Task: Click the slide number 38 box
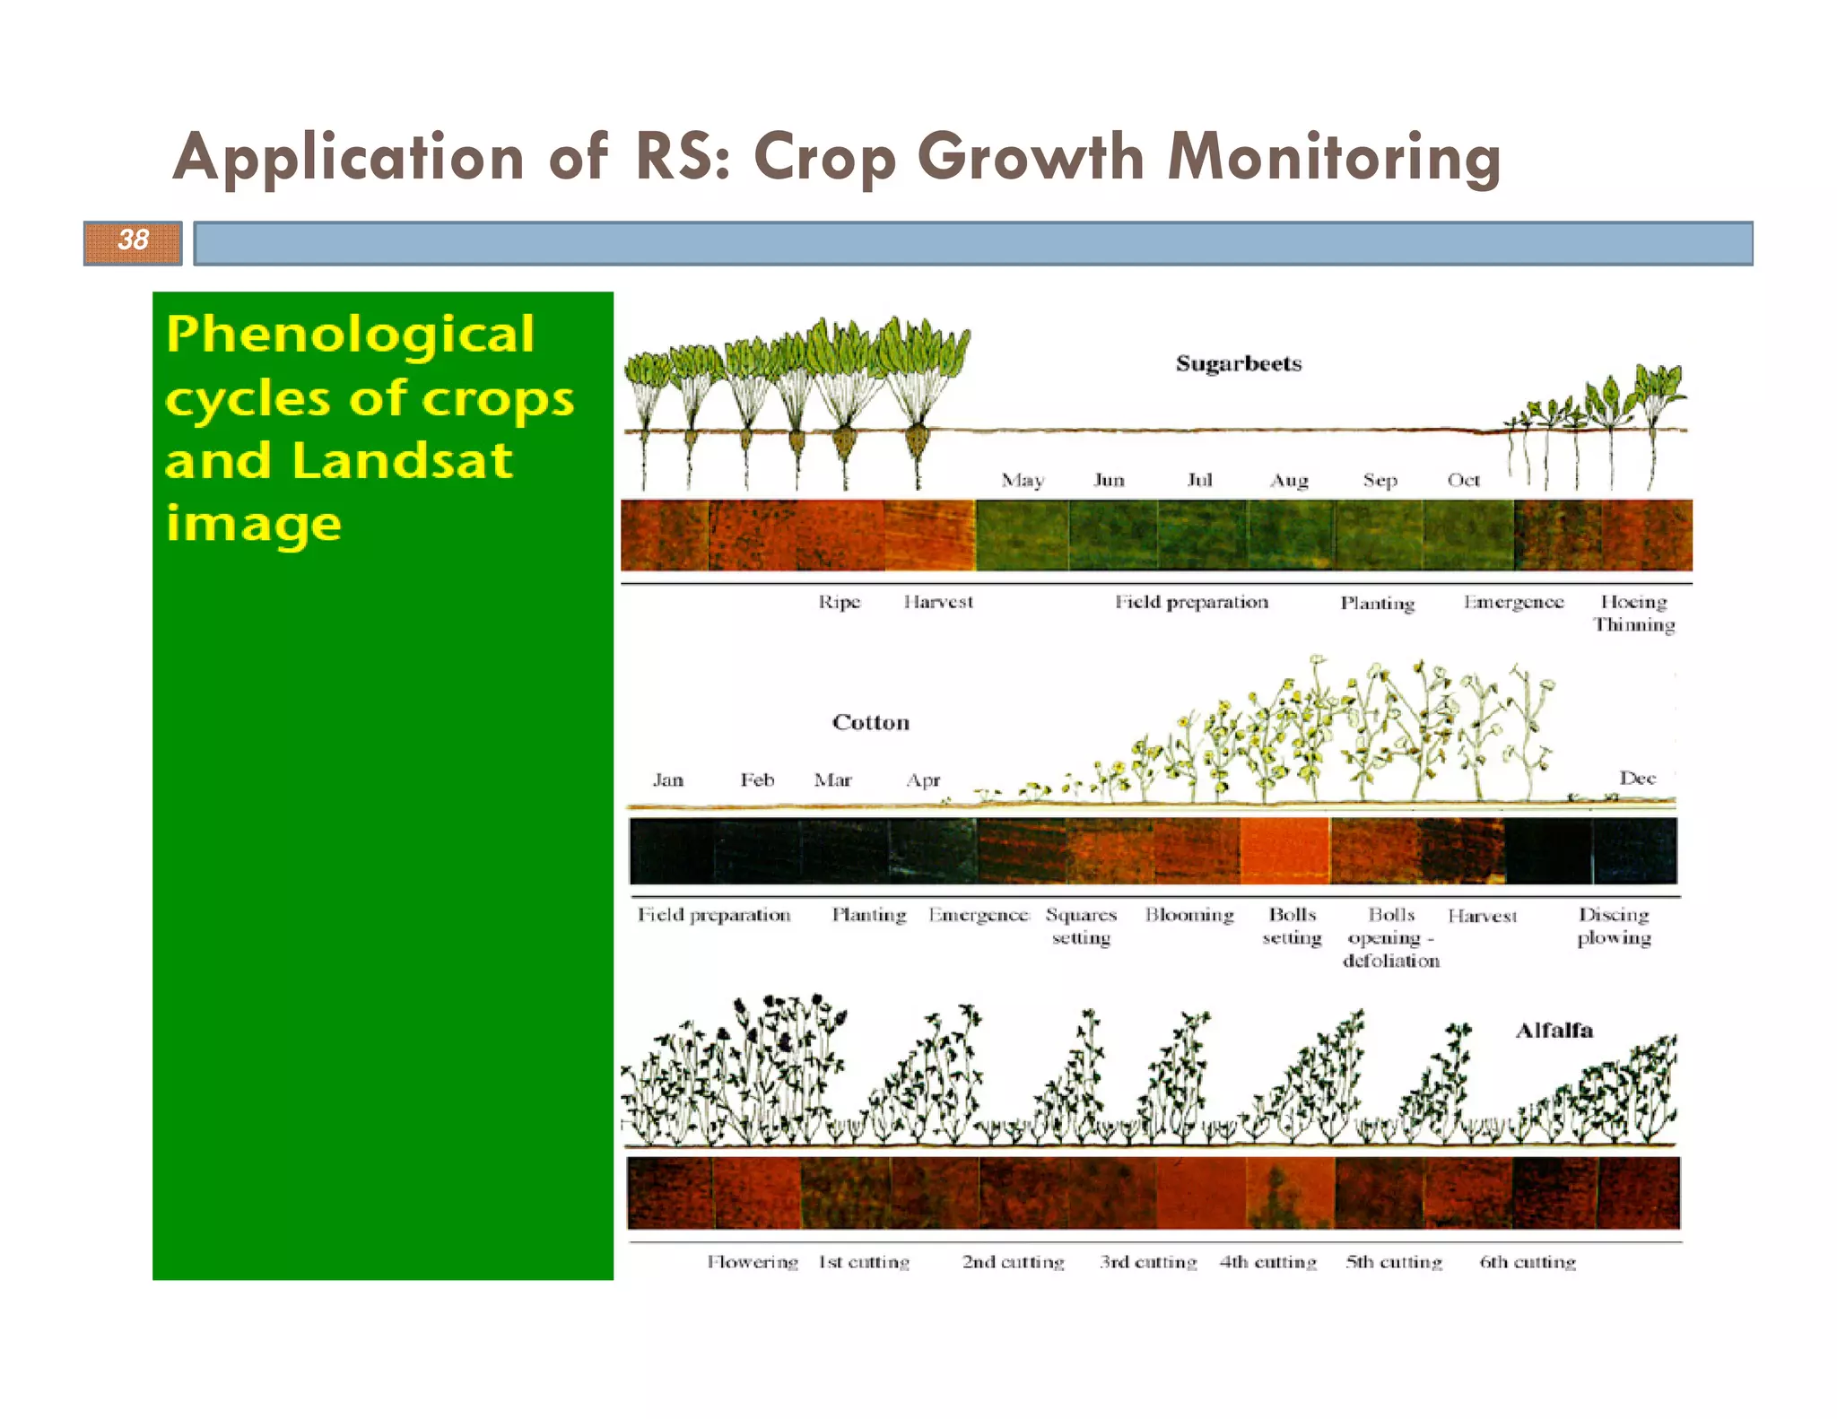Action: coord(133,242)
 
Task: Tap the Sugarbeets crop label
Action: coord(1238,364)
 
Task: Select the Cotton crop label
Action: coord(870,723)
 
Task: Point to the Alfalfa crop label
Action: coord(1554,1031)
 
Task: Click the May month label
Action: coord(1023,481)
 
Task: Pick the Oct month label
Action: coord(1463,481)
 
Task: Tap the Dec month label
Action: coord(1637,779)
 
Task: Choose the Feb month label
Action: coord(757,780)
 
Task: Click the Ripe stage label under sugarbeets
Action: coord(839,602)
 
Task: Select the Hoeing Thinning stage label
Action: coord(1633,614)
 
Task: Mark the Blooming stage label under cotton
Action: coord(1189,915)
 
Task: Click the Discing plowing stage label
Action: coord(1614,926)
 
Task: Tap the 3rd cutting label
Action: coord(1148,1262)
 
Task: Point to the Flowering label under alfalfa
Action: coord(752,1262)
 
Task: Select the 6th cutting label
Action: coord(1528,1262)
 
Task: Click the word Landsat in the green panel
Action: coord(402,461)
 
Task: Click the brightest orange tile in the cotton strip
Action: coord(1284,850)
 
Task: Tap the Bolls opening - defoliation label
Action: coord(1391,937)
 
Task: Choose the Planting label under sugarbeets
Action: coord(1377,604)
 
